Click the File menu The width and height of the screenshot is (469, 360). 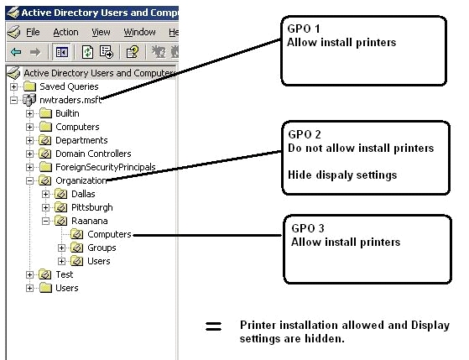(33, 32)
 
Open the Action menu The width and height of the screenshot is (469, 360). (65, 32)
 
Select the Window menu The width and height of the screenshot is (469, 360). (139, 32)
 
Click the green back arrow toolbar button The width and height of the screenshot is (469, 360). (16, 52)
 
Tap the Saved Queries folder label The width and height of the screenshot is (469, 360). (69, 86)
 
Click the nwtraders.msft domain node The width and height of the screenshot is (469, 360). (70, 100)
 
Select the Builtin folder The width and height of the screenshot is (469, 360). (67, 113)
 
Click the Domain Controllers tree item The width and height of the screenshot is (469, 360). (93, 154)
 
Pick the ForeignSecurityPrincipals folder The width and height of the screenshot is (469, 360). (106, 167)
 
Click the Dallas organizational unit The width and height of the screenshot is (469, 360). (83, 194)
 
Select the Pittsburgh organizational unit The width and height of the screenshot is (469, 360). (92, 207)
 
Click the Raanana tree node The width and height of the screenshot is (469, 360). (90, 221)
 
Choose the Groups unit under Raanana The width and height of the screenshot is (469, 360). (102, 248)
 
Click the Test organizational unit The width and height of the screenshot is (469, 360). (65, 274)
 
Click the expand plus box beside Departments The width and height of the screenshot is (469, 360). (29, 140)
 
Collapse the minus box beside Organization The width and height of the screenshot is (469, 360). (29, 180)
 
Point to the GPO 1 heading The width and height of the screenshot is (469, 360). (304, 29)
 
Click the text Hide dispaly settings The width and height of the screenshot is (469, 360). (342, 175)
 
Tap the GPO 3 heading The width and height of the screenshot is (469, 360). (308, 228)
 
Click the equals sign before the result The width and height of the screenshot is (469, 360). (214, 326)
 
